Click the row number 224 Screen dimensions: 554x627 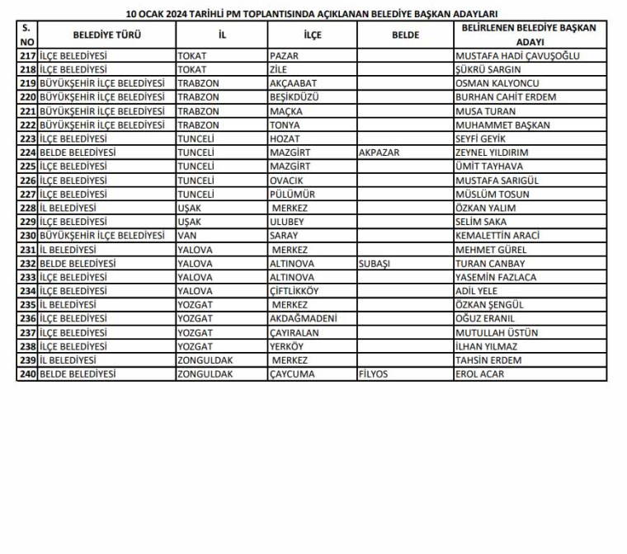[27, 153]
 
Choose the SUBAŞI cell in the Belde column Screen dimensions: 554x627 [375, 263]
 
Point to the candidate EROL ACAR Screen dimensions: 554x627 [479, 374]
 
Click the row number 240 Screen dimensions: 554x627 [27, 374]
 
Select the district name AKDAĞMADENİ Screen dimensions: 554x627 [301, 319]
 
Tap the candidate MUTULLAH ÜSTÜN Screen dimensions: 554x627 [497, 333]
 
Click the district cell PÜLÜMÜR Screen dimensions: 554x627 [290, 195]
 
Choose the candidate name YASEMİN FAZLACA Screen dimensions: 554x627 [496, 277]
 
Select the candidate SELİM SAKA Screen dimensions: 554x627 [482, 222]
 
